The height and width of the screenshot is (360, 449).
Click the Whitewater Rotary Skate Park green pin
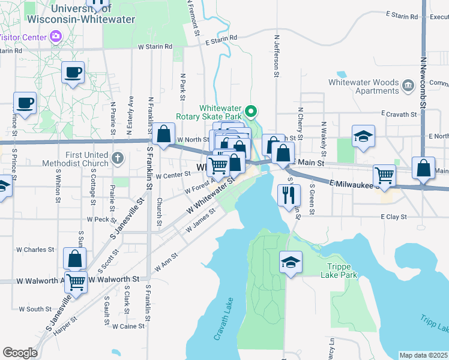click(x=253, y=111)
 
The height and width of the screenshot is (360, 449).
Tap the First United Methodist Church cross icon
click(x=118, y=160)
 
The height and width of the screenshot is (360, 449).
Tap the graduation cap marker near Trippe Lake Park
click(x=291, y=262)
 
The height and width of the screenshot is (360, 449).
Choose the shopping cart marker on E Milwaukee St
click(x=384, y=175)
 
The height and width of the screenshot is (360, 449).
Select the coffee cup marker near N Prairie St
click(x=73, y=72)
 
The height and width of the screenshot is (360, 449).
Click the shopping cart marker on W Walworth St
click(x=76, y=280)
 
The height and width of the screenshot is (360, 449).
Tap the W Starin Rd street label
click(x=155, y=46)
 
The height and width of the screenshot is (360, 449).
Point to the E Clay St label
click(x=393, y=217)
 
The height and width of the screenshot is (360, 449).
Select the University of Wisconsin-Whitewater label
click(x=93, y=14)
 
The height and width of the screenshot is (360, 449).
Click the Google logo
click(x=20, y=353)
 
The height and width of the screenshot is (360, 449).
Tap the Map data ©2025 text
click(x=423, y=355)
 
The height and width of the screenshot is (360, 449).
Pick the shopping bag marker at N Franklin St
click(x=163, y=134)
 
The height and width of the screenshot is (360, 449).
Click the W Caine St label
click(x=128, y=326)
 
